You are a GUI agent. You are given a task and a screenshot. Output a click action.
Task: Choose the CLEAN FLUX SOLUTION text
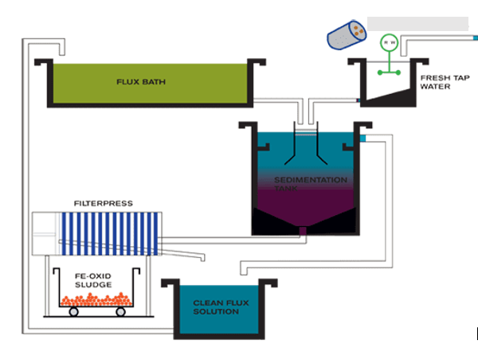tap(215, 307)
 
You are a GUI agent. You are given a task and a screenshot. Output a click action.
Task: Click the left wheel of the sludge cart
tap(73, 311)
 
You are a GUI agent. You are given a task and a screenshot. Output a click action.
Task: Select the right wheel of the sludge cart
tap(121, 311)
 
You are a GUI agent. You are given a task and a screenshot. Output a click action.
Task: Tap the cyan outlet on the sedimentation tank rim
tap(362, 139)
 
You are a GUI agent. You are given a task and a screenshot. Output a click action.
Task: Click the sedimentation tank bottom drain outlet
tap(302, 231)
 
